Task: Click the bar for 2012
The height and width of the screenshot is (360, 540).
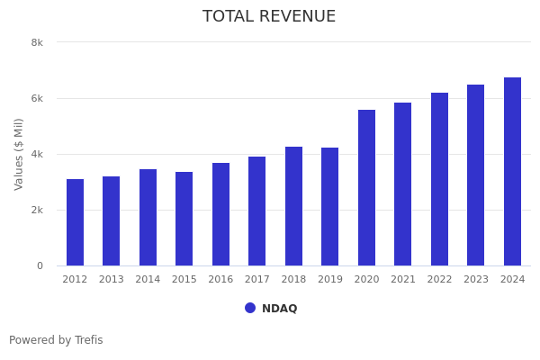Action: (75, 222)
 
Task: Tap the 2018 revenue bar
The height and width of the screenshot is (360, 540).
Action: (293, 206)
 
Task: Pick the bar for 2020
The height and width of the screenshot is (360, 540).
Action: (366, 187)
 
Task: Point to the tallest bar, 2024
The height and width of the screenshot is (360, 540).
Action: (512, 171)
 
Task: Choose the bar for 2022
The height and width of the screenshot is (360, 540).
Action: (439, 179)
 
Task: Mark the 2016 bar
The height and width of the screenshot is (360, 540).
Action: (220, 214)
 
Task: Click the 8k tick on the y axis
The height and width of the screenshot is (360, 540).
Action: (37, 42)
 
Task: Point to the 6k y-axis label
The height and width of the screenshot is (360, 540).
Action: (37, 98)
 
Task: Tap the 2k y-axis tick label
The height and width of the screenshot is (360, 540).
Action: (37, 210)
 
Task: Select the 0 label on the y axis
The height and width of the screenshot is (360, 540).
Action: (40, 265)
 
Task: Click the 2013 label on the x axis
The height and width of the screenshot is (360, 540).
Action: (112, 280)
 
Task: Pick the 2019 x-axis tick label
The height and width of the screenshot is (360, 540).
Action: (330, 280)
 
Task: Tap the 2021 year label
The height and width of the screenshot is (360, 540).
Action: (403, 280)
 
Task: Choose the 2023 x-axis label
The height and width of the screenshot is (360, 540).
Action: (476, 280)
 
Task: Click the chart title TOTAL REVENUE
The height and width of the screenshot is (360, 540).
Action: (269, 17)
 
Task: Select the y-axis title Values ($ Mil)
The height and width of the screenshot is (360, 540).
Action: (19, 154)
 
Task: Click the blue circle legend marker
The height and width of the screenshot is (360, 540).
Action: (250, 308)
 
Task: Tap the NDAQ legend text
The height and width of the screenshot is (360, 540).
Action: (280, 309)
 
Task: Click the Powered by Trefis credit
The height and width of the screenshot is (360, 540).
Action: (56, 340)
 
